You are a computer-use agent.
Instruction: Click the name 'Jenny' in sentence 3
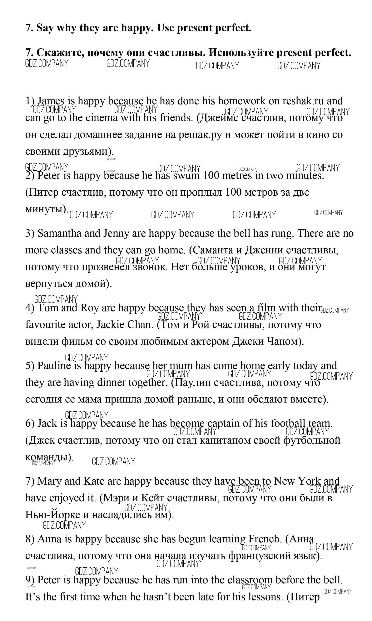116,233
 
